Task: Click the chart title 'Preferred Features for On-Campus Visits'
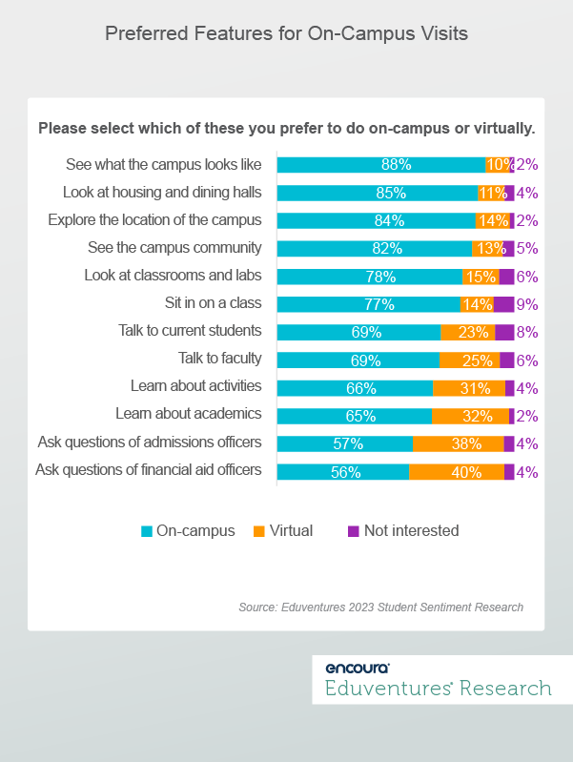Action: point(286,34)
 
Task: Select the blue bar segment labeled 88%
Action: point(380,164)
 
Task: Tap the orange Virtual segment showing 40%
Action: point(456,471)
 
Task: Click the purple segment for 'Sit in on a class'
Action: point(503,304)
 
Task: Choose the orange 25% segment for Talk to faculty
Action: point(469,360)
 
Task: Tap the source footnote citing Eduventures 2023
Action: point(380,607)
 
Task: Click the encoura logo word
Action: point(358,668)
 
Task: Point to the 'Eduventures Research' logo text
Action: point(438,689)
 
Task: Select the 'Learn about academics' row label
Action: point(188,415)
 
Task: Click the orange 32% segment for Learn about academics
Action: point(470,416)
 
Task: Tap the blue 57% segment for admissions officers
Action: point(344,443)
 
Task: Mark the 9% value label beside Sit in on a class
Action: point(527,304)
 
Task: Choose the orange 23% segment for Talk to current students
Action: point(467,332)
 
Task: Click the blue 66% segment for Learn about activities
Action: point(354,388)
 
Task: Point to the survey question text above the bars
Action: point(286,128)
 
